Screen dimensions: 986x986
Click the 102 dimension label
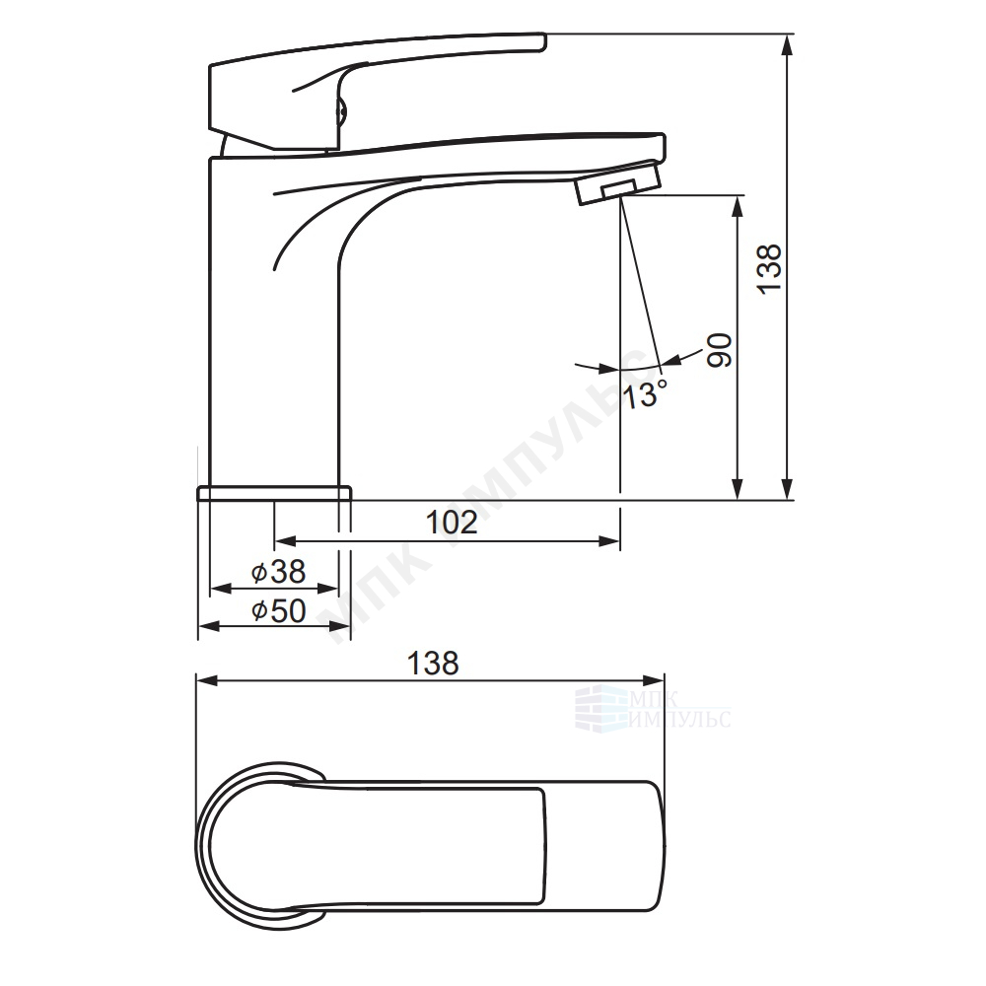(452, 522)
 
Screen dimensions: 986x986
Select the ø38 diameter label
(278, 572)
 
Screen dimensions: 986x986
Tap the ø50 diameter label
(279, 610)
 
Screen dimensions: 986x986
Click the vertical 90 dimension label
(720, 350)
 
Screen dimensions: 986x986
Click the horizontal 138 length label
(433, 663)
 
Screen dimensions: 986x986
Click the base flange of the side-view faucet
(274, 493)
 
